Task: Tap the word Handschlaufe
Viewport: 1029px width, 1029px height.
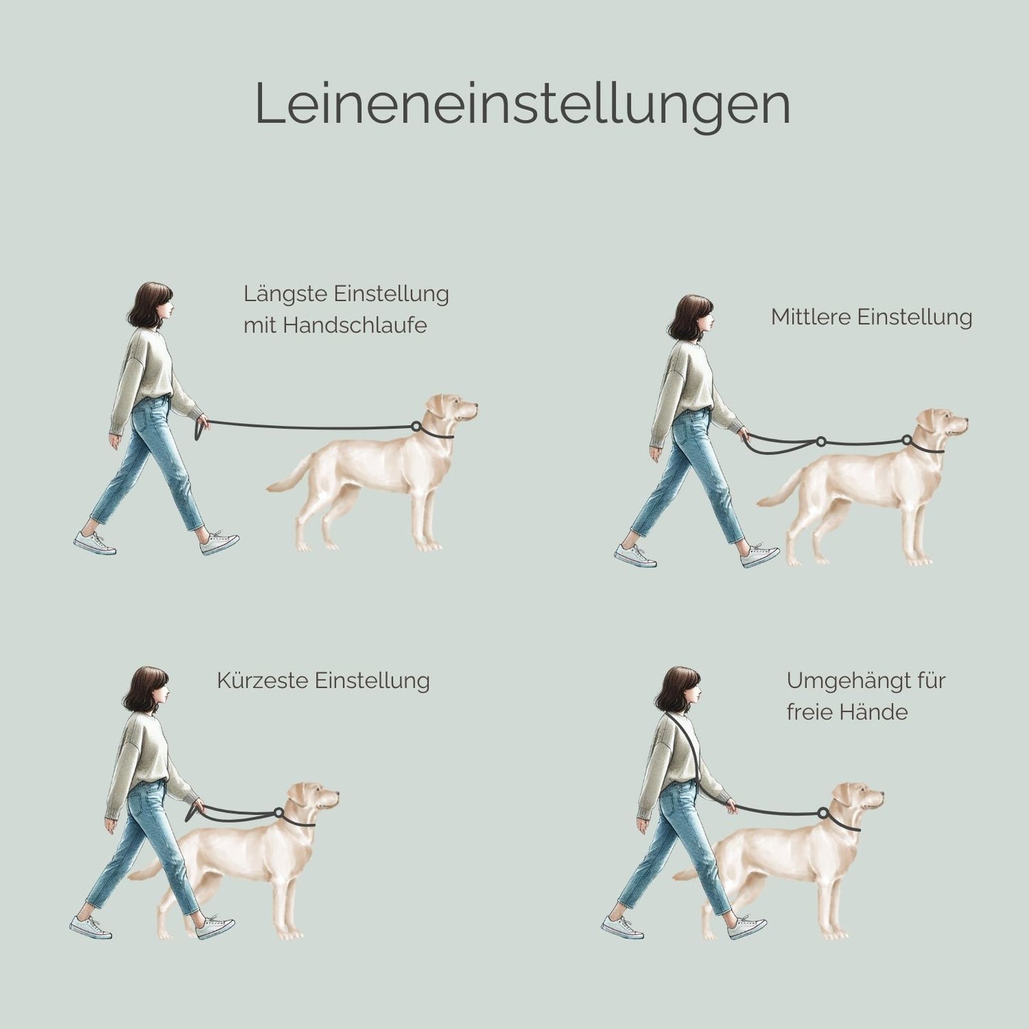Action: coord(355,325)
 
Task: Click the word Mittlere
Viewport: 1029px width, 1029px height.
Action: coord(811,317)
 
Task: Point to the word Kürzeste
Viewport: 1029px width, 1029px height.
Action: coord(263,681)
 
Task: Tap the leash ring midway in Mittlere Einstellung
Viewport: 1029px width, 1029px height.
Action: coord(820,442)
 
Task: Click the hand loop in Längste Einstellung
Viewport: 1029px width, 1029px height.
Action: coord(199,430)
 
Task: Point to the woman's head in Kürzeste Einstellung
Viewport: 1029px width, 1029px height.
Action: coord(148,689)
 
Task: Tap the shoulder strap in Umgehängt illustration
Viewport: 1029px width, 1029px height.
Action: coord(685,748)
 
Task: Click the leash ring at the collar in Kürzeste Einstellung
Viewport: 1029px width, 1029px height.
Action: coord(278,813)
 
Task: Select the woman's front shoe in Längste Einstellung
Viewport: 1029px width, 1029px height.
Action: coord(219,544)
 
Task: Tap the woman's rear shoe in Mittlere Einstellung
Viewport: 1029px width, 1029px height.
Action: coord(635,555)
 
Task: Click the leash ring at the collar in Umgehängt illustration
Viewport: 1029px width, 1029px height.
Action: coord(822,813)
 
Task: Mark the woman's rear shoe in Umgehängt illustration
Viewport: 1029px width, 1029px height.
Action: coord(622,927)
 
